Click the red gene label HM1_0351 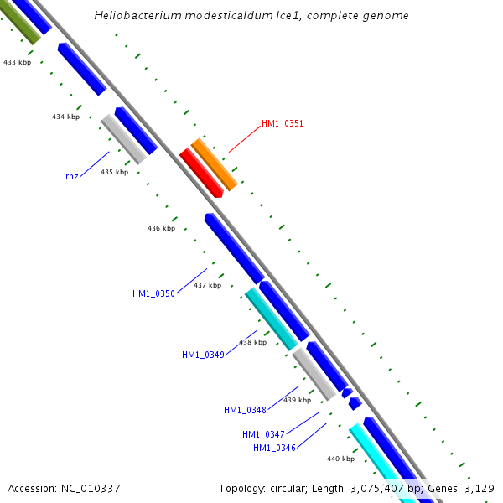pos(282,123)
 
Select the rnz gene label pos(71,176)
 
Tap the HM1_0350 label pos(153,293)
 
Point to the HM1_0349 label pos(203,355)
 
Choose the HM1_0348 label pos(245,410)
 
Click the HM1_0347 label pos(263,434)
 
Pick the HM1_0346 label pos(274,448)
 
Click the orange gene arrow pos(214,164)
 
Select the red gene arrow pos(200,173)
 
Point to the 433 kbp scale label pos(17,62)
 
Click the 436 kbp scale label pos(161,228)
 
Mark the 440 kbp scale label pos(340,459)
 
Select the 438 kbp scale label pos(252,342)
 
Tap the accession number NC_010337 pos(90,488)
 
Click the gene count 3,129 pos(479,488)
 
